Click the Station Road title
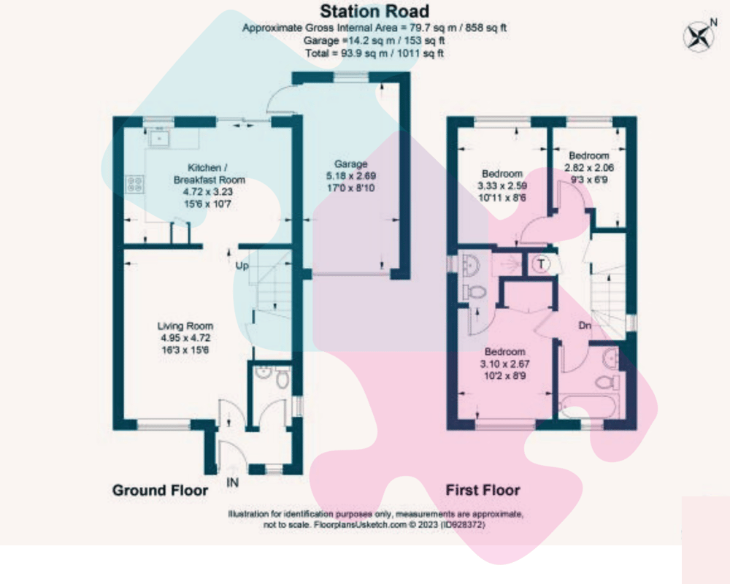[x=374, y=11]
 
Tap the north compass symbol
[x=699, y=36]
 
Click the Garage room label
[x=350, y=164]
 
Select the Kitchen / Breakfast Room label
[x=209, y=174]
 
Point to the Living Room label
[x=185, y=326]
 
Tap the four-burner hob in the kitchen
[x=135, y=183]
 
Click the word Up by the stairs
[x=242, y=266]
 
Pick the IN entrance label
[x=233, y=483]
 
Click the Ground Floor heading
[x=160, y=490]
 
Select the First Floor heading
[x=483, y=490]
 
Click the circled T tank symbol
[x=541, y=264]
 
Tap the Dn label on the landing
[x=585, y=325]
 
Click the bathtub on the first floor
[x=587, y=407]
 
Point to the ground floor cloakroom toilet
[x=282, y=377]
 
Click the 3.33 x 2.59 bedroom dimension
[x=502, y=185]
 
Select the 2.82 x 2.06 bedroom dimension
[x=589, y=168]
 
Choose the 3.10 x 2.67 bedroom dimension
[x=504, y=364]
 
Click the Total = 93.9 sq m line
[x=374, y=53]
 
